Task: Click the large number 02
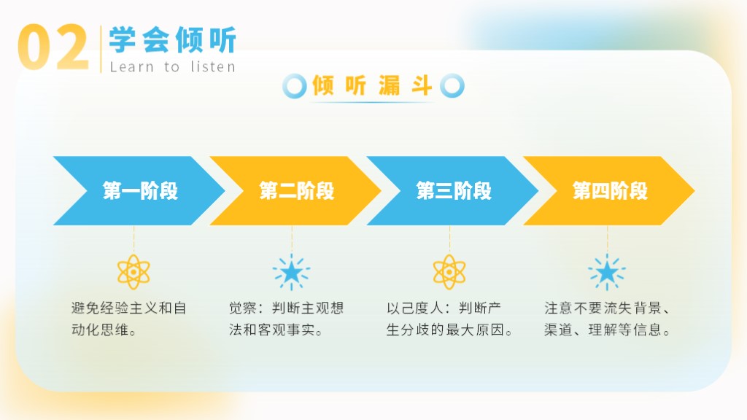(x=53, y=47)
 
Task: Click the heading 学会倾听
(x=172, y=39)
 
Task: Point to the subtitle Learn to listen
(x=172, y=66)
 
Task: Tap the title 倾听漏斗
(x=372, y=86)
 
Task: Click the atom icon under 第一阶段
(x=134, y=272)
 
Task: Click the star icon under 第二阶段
(x=292, y=273)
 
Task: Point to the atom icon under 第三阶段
(x=449, y=272)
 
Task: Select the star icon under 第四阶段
(x=607, y=273)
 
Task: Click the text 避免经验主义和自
(x=128, y=308)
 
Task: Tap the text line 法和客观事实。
(x=276, y=330)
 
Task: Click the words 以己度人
(x=415, y=308)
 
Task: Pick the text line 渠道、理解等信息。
(x=608, y=330)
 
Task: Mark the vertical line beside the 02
(x=101, y=49)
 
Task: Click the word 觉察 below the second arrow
(x=243, y=308)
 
